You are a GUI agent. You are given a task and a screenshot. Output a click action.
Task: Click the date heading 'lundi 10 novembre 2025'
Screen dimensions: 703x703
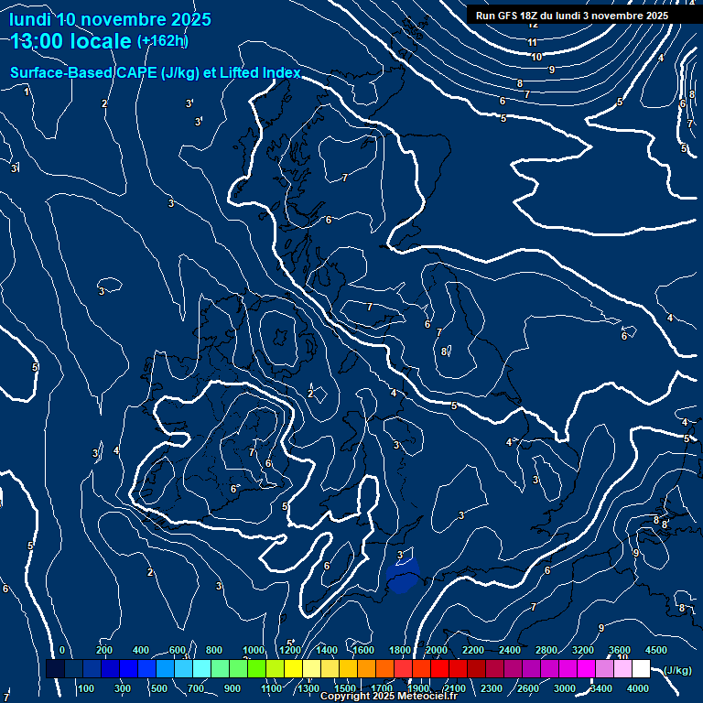point(110,19)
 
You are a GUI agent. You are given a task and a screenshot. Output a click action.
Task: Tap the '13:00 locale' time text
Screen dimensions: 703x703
point(71,41)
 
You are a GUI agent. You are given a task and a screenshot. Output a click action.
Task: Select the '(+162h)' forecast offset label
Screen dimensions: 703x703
point(162,41)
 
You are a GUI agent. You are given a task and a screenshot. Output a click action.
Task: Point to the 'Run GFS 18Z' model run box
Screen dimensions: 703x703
point(571,16)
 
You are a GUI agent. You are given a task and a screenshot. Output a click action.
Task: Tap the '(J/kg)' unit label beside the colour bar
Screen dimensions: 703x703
point(677,670)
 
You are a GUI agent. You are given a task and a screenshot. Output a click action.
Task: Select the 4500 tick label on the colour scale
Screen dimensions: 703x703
point(656,650)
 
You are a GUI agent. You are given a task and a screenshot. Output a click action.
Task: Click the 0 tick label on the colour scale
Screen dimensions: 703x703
point(62,650)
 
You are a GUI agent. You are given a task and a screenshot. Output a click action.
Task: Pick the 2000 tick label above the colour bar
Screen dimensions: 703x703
point(436,650)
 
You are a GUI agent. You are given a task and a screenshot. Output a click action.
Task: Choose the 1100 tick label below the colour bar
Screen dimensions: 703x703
point(271,688)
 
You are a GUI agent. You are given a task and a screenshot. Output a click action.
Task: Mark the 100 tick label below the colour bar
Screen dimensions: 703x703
point(87,688)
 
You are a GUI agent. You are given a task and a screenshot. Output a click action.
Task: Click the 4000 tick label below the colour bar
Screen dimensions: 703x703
point(638,688)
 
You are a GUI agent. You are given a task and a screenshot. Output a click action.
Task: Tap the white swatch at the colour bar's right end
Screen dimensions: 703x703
point(641,669)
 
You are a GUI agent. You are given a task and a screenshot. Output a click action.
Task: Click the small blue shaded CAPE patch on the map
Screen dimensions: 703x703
point(403,577)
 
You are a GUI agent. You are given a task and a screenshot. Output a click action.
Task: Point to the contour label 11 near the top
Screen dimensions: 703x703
point(532,42)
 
